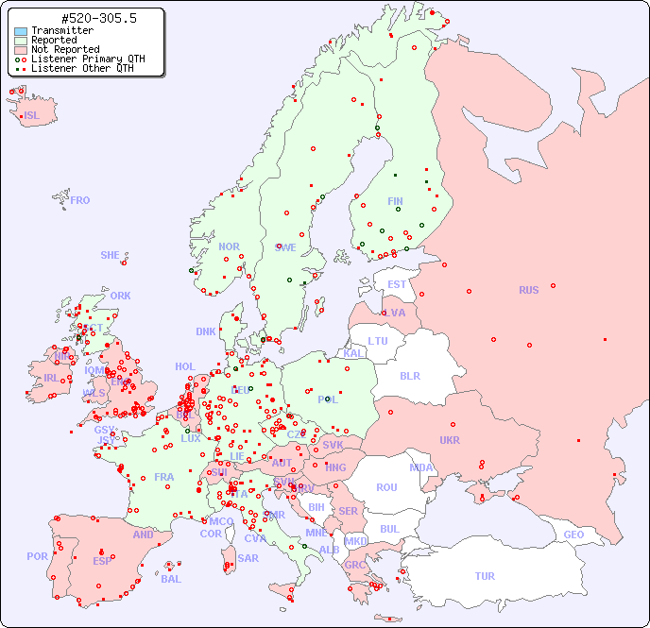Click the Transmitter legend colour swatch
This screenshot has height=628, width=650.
[21, 30]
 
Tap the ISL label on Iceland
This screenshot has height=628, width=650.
[32, 116]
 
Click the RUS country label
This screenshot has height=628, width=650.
[528, 290]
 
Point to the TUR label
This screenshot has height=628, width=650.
[485, 576]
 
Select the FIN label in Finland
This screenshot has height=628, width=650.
[395, 201]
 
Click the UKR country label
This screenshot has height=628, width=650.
[450, 440]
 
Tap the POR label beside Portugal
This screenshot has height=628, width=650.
[37, 556]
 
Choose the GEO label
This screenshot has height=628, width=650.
[573, 535]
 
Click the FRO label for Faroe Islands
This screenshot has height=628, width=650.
[80, 200]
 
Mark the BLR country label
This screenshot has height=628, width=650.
[409, 376]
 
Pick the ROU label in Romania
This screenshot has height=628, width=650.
[386, 487]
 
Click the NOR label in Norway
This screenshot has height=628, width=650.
[229, 246]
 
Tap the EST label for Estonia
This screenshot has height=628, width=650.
[397, 284]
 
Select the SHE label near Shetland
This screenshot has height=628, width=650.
[111, 255]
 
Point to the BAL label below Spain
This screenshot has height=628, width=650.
[171, 579]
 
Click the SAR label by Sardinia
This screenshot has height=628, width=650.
[248, 558]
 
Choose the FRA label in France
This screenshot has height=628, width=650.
[164, 477]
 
